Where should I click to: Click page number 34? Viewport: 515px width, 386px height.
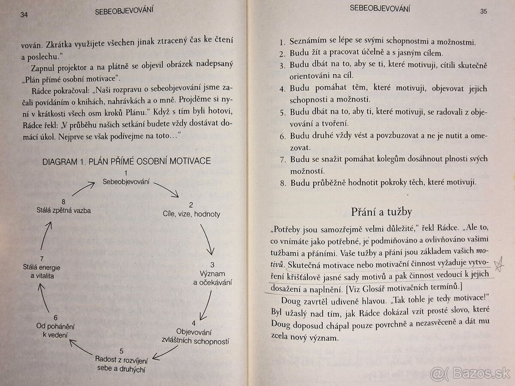(24, 15)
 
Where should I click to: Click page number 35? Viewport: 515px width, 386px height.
(483, 12)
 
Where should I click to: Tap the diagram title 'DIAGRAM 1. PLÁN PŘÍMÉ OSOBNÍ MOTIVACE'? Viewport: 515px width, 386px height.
(127, 161)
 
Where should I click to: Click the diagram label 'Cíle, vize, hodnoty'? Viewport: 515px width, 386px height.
(191, 214)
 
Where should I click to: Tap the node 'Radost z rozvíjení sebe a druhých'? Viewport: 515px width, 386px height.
(121, 363)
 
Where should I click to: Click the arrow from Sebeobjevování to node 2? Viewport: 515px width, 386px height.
(167, 189)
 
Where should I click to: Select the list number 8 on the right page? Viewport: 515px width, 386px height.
(282, 183)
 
